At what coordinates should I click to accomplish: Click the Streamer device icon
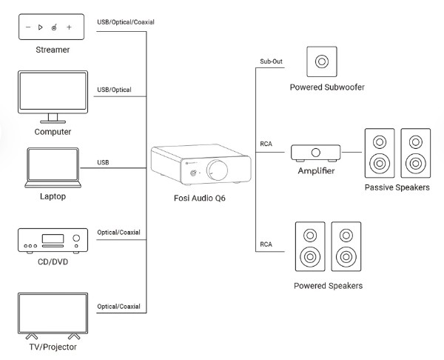click(52, 27)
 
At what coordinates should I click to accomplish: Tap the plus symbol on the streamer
click(69, 27)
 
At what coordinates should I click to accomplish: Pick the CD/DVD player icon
click(52, 240)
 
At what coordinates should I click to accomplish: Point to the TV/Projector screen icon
click(52, 313)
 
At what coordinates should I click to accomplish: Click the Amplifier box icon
click(316, 153)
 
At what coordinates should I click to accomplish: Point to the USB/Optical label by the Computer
click(114, 90)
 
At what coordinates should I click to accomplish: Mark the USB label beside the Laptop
click(104, 162)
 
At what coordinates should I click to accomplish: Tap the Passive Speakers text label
click(397, 188)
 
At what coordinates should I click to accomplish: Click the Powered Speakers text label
click(328, 285)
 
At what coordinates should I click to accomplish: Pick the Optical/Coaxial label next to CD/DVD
click(118, 233)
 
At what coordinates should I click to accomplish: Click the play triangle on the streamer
click(40, 27)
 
